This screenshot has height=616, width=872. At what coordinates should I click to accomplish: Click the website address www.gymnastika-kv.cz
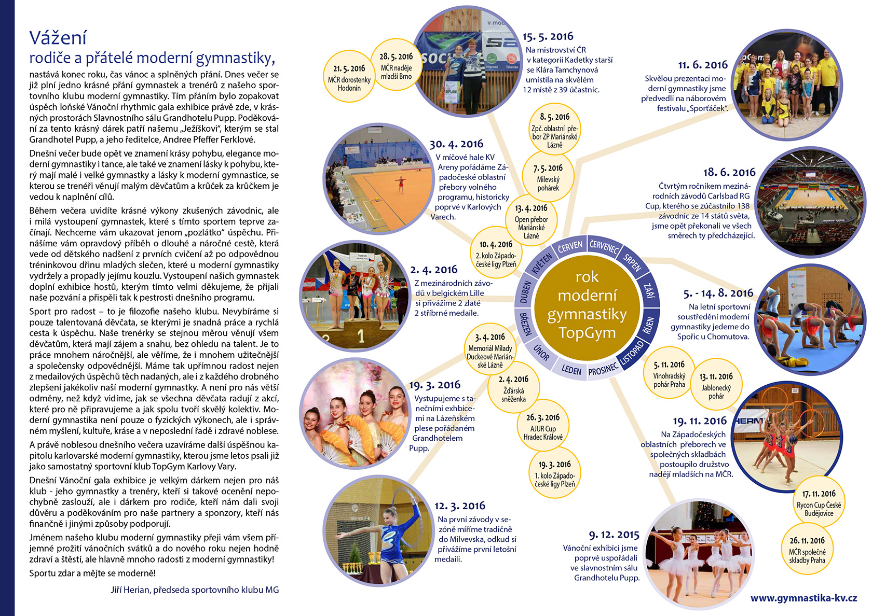pyautogui.click(x=803, y=598)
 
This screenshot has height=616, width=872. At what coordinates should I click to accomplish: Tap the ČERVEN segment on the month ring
pyautogui.click(x=569, y=247)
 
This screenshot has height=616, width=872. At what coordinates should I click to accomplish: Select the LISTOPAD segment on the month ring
pyautogui.click(x=632, y=352)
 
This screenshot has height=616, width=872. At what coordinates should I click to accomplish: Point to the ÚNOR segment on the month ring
pyautogui.click(x=541, y=353)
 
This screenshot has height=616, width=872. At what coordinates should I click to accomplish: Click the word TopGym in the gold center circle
pyautogui.click(x=587, y=332)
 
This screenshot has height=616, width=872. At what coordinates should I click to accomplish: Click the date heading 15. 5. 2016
pyautogui.click(x=548, y=36)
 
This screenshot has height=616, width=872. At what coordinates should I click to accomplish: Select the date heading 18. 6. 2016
pyautogui.click(x=729, y=172)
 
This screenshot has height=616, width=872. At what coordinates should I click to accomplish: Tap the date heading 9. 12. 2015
pyautogui.click(x=614, y=535)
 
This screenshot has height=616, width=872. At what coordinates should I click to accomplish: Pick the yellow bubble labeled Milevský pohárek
pyautogui.click(x=548, y=177)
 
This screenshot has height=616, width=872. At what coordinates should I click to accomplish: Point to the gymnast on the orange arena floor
pyautogui.click(x=400, y=184)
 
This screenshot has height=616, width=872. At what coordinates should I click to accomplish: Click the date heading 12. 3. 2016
pyautogui.click(x=460, y=506)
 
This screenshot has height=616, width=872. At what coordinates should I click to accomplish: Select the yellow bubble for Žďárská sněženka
pyautogui.click(x=513, y=389)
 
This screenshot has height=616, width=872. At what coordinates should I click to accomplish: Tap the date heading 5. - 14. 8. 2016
pyautogui.click(x=718, y=293)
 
